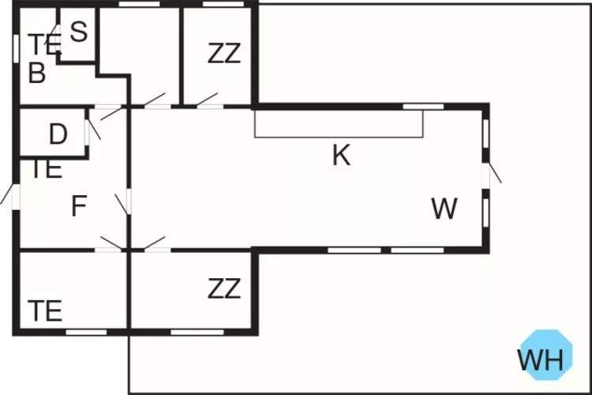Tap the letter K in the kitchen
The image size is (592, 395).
pyautogui.click(x=341, y=156)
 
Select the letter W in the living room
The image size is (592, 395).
pyautogui.click(x=444, y=209)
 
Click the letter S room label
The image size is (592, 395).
pyautogui.click(x=78, y=32)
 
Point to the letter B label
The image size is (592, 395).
pyautogui.click(x=36, y=73)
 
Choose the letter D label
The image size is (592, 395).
pyautogui.click(x=58, y=135)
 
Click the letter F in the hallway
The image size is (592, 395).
pyautogui.click(x=78, y=207)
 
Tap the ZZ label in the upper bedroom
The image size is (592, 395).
pyautogui.click(x=224, y=54)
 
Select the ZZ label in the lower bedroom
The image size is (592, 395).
pyautogui.click(x=224, y=289)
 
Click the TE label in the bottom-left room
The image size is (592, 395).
pyautogui.click(x=45, y=311)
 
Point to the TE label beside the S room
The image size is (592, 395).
pyautogui.click(x=43, y=44)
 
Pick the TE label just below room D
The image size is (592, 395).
pyautogui.click(x=46, y=168)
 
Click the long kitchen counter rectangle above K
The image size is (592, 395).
pyautogui.click(x=339, y=124)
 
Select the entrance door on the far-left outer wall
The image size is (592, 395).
pyautogui.click(x=10, y=194)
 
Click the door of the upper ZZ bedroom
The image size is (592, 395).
pyautogui.click(x=208, y=100)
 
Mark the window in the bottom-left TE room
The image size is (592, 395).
pyautogui.click(x=86, y=332)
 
